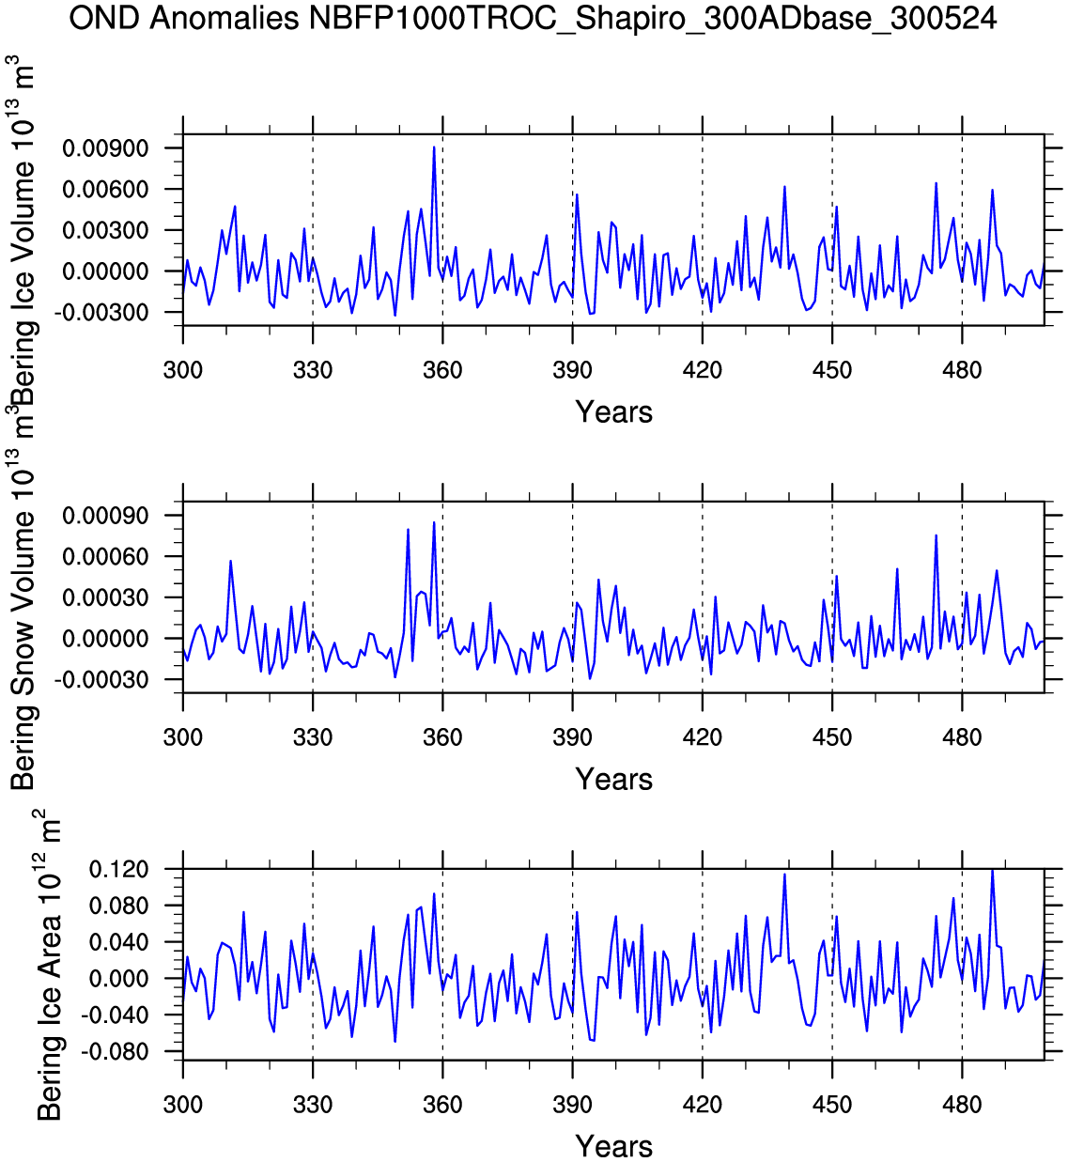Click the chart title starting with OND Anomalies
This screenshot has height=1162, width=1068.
click(x=534, y=18)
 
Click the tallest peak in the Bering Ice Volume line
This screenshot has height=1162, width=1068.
click(x=434, y=147)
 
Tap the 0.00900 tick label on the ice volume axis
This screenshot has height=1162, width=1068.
click(x=105, y=148)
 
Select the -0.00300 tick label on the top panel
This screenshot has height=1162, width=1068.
click(x=105, y=313)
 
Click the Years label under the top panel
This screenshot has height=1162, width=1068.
click(x=613, y=411)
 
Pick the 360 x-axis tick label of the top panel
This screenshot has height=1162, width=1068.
click(x=442, y=370)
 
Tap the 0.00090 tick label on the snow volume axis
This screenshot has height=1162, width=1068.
click(x=105, y=516)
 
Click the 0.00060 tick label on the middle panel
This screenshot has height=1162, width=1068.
click(x=105, y=557)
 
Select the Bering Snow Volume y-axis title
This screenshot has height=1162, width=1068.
click(x=23, y=601)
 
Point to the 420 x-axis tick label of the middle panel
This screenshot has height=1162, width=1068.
click(x=703, y=737)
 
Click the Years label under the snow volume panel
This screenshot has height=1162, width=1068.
click(x=613, y=779)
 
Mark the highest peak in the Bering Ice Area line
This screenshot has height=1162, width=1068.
click(x=992, y=871)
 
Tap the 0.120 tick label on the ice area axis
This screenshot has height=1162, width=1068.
click(x=118, y=870)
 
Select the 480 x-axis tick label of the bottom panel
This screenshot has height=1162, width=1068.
click(x=962, y=1105)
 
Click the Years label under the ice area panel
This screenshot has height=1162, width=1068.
click(x=613, y=1146)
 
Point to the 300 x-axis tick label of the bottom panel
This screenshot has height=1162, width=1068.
click(x=183, y=1105)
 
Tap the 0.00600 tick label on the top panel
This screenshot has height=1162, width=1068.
click(x=105, y=190)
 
